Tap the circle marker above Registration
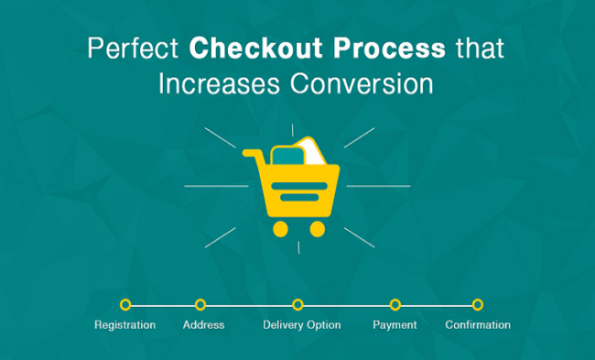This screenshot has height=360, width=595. click(x=125, y=304)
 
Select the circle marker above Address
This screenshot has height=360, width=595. click(x=200, y=304)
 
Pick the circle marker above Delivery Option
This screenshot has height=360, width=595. click(x=297, y=304)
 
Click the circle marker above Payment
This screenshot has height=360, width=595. click(x=395, y=304)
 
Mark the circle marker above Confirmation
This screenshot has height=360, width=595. click(x=477, y=304)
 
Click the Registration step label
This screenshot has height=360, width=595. click(x=125, y=325)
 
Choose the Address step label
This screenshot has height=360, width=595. click(x=203, y=325)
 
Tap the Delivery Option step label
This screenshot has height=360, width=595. click(x=301, y=325)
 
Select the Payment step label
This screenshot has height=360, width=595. click(x=395, y=325)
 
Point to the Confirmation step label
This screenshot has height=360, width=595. click(x=478, y=325)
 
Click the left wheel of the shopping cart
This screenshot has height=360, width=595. click(x=280, y=228)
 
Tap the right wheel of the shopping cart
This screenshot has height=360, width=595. click(x=317, y=228)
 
